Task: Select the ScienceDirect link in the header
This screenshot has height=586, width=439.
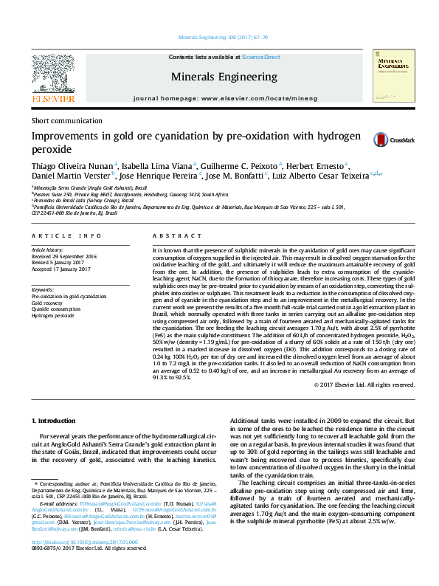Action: click(x=261, y=57)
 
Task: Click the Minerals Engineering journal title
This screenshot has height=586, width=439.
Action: click(x=224, y=77)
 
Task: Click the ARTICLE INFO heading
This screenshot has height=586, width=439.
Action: click(x=66, y=235)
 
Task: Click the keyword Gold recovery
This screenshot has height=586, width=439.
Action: click(x=47, y=303)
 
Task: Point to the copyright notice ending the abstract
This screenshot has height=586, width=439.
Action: click(x=364, y=385)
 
